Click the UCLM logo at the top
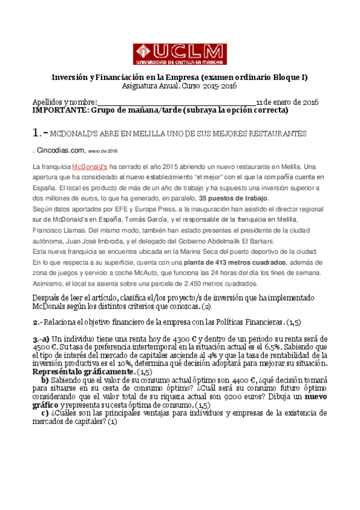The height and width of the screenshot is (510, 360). (x=180, y=54)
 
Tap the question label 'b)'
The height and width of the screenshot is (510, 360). (x=45, y=380)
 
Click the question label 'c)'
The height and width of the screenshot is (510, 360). (x=45, y=413)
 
